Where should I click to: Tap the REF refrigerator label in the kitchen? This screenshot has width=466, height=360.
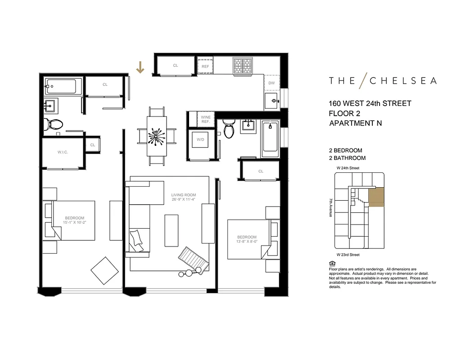[205, 66]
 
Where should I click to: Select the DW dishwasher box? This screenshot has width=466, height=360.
[271, 83]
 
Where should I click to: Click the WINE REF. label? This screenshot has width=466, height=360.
[206, 119]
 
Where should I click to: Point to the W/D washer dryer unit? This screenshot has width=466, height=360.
[200, 139]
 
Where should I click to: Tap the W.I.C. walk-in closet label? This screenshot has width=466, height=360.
[63, 152]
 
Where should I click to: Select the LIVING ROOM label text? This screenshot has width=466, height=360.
[183, 195]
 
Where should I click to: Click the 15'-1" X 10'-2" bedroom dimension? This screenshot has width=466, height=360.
[74, 222]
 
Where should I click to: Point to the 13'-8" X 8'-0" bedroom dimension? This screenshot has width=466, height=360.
[247, 242]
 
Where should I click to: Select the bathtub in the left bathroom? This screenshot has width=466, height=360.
[63, 86]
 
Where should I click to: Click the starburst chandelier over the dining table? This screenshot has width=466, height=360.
[157, 135]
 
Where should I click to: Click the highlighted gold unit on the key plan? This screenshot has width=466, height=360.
[376, 198]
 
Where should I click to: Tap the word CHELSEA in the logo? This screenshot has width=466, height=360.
[403, 81]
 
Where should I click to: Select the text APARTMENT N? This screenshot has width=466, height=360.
[355, 123]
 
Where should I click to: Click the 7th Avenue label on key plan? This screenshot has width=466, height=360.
[330, 207]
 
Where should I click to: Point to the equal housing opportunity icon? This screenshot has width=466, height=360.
[332, 263]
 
